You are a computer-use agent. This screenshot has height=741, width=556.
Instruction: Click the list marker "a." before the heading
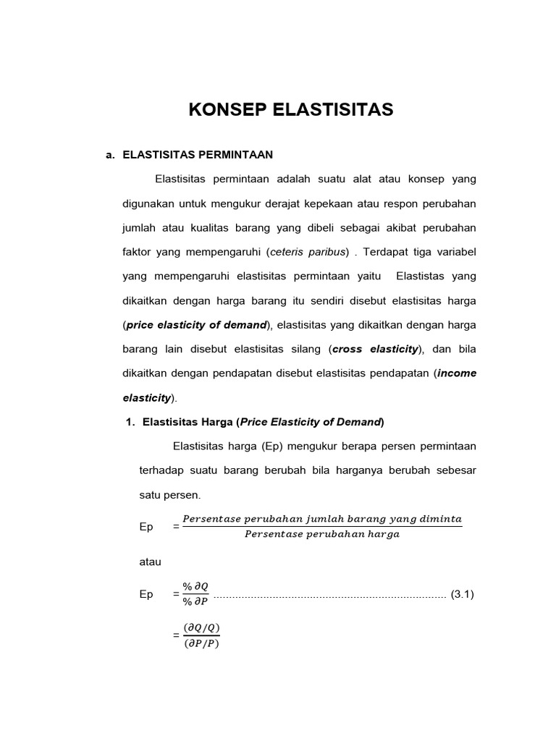[111, 154]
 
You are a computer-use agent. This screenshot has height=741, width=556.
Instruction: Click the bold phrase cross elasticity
[375, 349]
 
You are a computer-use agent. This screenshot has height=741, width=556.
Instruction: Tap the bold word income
[455, 373]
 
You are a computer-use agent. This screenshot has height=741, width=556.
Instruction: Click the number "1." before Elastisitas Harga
[132, 422]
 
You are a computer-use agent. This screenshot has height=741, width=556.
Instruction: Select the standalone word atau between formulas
[151, 562]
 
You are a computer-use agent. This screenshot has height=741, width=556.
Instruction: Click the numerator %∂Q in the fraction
[197, 587]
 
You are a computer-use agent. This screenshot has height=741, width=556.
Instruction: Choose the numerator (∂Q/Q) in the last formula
[201, 627]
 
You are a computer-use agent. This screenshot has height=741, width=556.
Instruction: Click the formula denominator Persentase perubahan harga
[321, 535]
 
